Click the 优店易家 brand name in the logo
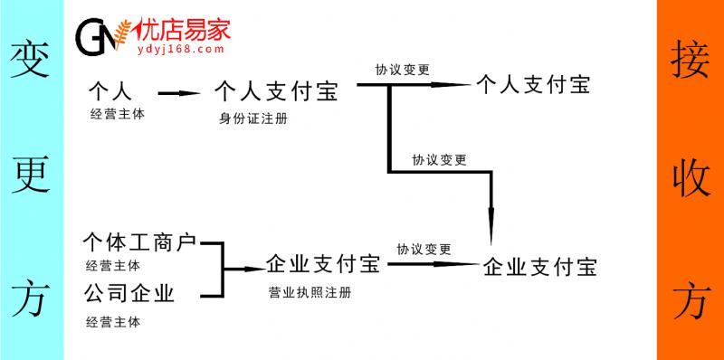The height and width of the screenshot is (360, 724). click(181, 30)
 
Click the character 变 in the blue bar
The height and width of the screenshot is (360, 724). click(31, 62)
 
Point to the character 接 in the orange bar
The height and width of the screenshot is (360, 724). click(691, 62)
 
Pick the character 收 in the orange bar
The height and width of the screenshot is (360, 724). click(691, 177)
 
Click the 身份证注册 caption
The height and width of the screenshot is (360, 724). click(253, 118)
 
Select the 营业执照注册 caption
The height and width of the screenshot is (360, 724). click(310, 293)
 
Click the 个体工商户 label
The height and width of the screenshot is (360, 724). click(139, 242)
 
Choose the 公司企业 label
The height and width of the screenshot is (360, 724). click(129, 293)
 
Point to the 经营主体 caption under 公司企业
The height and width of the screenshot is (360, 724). click(113, 321)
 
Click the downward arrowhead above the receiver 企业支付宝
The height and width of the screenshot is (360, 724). click(491, 227)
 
